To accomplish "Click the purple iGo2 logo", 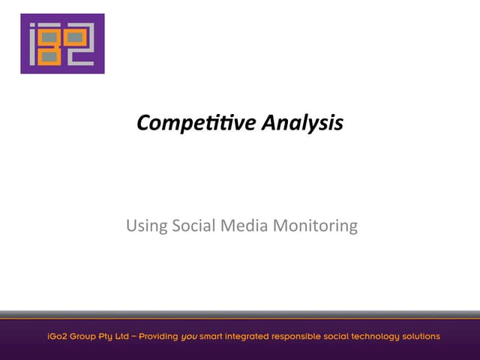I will [62, 43].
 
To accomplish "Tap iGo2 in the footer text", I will [51, 336].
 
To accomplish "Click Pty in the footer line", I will [104, 336].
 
